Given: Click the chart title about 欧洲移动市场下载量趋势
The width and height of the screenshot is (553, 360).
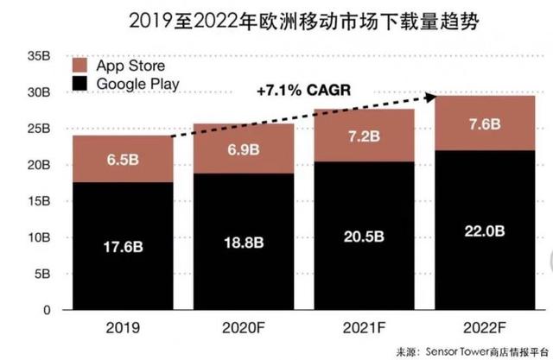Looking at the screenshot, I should point(277,18).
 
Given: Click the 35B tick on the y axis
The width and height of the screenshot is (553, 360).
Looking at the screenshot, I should point(37,56).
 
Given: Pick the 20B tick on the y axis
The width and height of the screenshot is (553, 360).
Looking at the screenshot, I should point(37,165).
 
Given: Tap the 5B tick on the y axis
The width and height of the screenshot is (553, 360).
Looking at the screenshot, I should point(41,274).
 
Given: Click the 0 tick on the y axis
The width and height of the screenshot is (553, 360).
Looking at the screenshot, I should point(45,310).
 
